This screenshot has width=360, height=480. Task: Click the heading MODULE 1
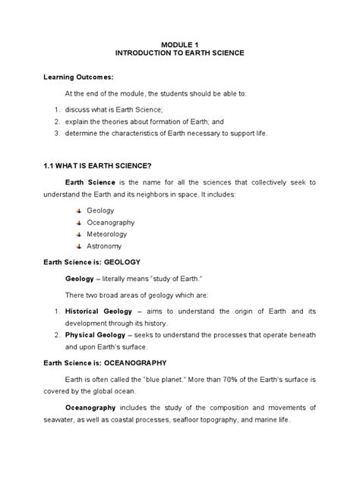pos(179,46)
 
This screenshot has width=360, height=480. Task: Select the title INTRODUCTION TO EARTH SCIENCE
pos(179,55)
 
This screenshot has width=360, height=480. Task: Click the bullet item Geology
pos(100,210)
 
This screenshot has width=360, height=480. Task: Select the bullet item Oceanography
pos(111,222)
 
